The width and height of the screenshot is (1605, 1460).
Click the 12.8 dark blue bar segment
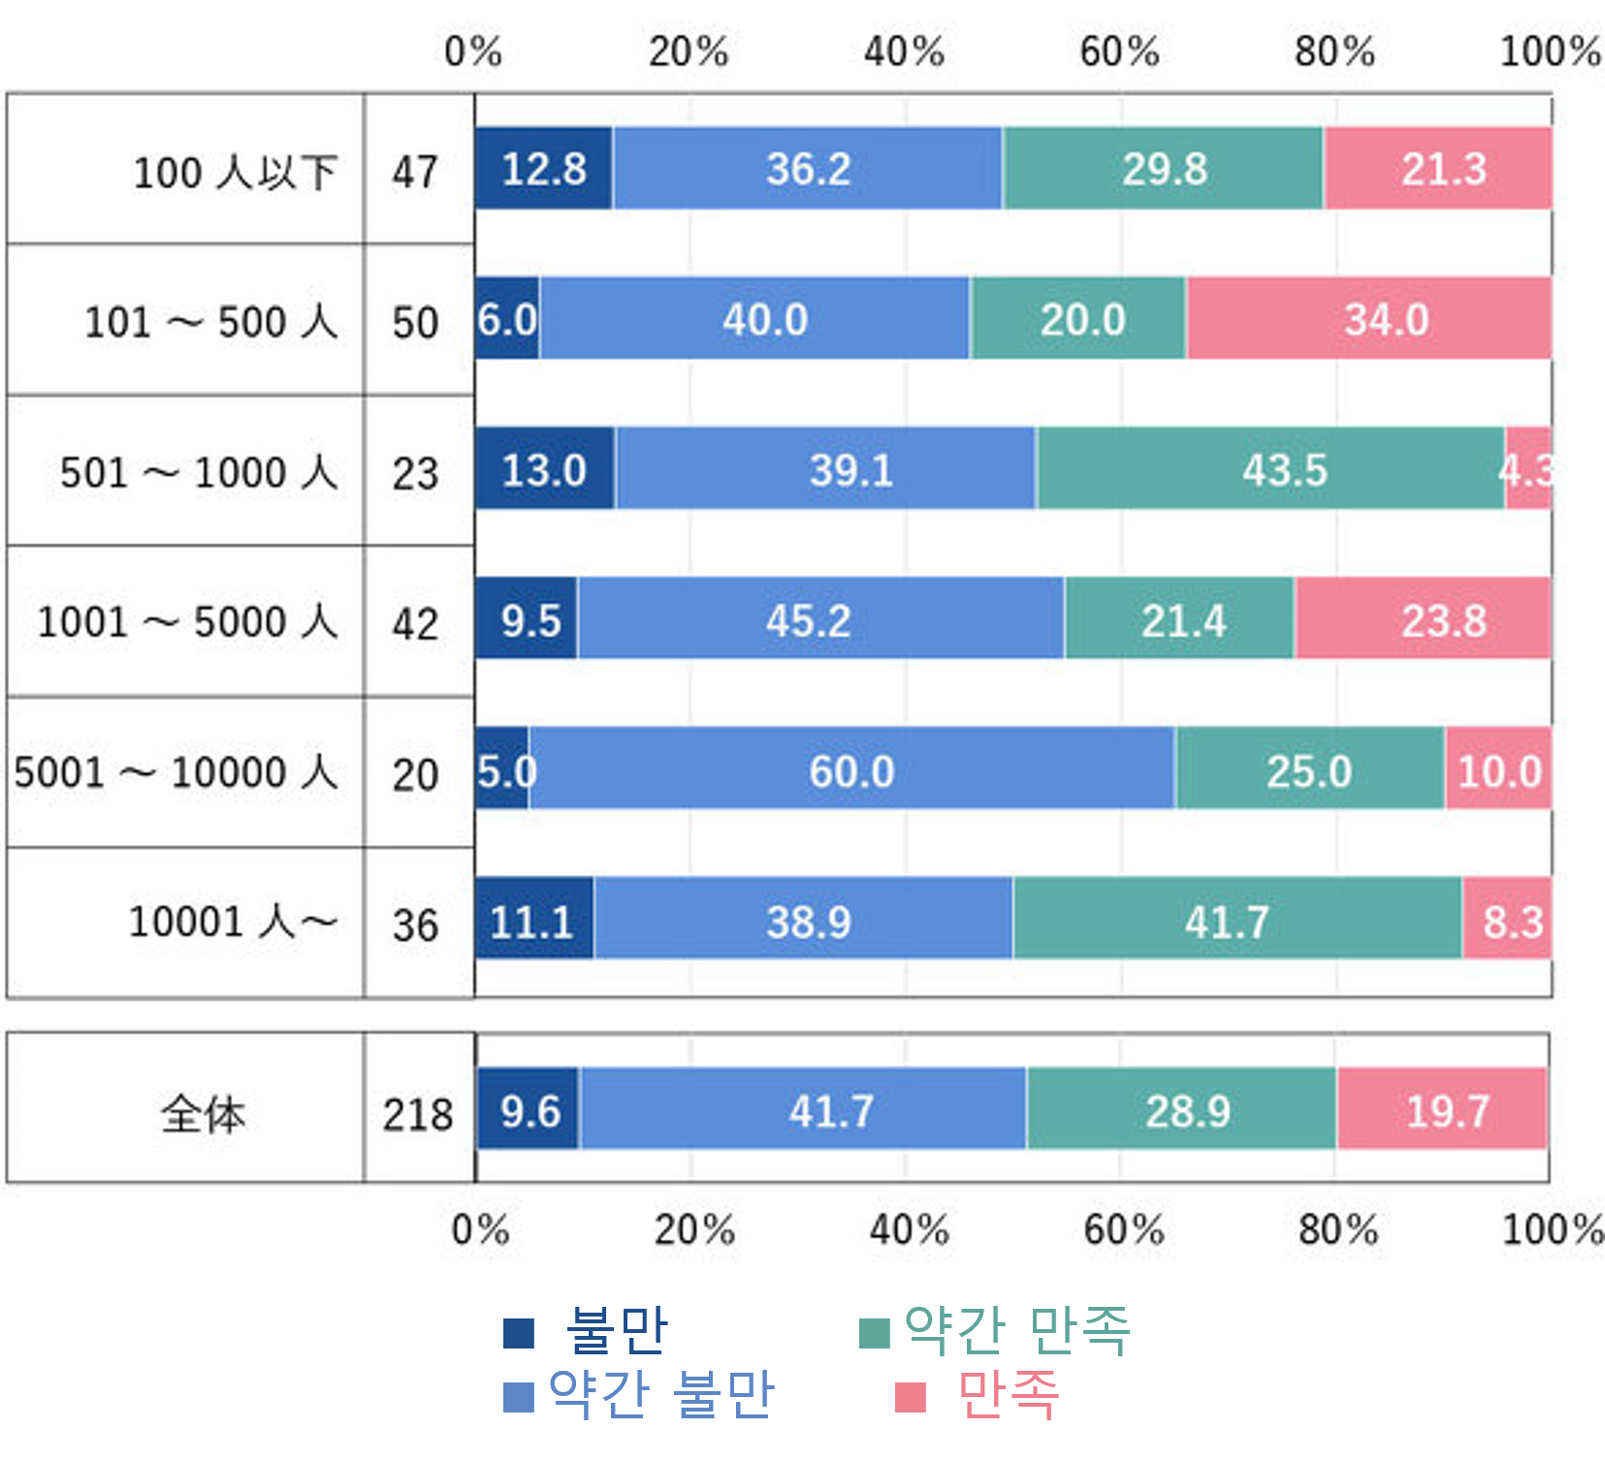(x=543, y=169)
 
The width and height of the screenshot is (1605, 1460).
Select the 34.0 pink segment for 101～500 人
(x=1368, y=319)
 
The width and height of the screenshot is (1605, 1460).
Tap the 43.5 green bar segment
(x=1270, y=469)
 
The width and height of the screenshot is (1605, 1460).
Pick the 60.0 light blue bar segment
(x=851, y=771)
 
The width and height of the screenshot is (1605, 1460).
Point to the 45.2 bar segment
(x=820, y=619)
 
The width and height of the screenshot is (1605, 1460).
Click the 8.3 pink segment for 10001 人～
(x=1507, y=921)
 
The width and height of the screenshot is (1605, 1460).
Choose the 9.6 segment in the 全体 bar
(x=529, y=1110)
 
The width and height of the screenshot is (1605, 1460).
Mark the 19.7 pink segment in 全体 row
(x=1442, y=1110)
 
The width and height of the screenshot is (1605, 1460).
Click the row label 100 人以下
(x=235, y=173)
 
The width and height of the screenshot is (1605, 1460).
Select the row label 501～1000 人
(x=199, y=472)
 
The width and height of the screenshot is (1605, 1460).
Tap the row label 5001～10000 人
(x=176, y=773)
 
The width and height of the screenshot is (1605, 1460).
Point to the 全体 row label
(x=203, y=1113)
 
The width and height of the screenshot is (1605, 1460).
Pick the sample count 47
(x=415, y=173)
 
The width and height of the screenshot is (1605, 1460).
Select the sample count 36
(x=415, y=925)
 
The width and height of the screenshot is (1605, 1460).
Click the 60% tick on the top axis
(x=1119, y=51)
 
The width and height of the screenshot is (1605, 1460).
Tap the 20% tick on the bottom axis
(x=694, y=1229)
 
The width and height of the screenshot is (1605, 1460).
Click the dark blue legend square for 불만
(x=519, y=1333)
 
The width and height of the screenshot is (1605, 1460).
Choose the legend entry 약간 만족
(x=1016, y=1330)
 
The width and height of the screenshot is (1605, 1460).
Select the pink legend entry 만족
(x=1007, y=1395)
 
